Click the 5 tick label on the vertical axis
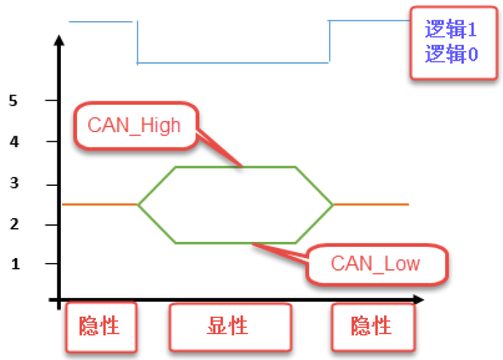click(13, 101)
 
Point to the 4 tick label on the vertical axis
click(13, 142)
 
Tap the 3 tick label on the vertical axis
click(13, 185)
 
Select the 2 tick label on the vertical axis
click(13, 224)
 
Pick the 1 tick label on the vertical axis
click(13, 264)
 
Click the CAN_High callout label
click(134, 126)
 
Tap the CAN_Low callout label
click(375, 263)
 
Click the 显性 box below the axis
click(228, 326)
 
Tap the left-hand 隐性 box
click(99, 326)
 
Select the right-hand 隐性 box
click(371, 326)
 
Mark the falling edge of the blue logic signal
click(137, 43)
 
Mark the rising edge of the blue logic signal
click(329, 42)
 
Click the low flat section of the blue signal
click(233, 63)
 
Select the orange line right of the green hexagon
click(371, 204)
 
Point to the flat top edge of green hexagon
click(234, 167)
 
